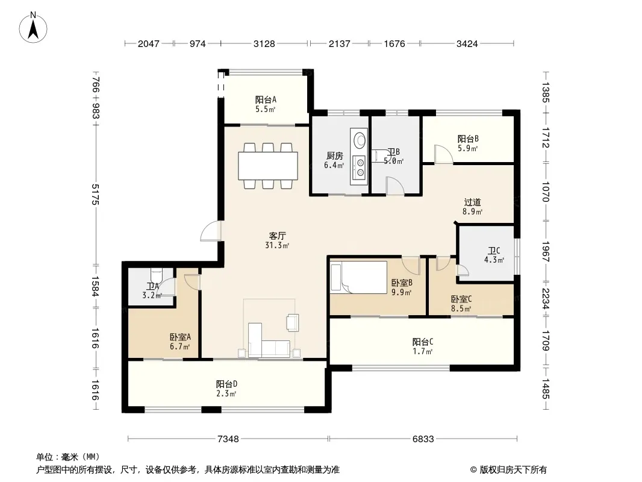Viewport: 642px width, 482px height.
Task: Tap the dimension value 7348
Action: tap(228, 439)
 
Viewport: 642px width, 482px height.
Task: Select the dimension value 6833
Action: tap(423, 439)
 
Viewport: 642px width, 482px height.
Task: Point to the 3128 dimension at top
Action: tap(264, 43)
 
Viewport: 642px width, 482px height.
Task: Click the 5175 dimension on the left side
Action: tap(95, 194)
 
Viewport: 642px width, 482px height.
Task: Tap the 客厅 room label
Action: tap(277, 236)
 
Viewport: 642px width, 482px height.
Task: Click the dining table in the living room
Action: tap(268, 166)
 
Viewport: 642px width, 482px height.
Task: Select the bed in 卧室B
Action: tap(359, 277)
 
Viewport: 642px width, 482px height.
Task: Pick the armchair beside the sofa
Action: tap(292, 322)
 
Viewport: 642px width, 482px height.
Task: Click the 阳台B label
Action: tap(468, 139)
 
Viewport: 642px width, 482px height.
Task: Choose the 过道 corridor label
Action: tap(473, 202)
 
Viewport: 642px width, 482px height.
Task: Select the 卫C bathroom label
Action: tap(494, 251)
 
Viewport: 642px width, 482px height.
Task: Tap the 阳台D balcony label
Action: tap(226, 384)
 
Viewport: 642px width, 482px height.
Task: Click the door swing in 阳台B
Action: tap(443, 154)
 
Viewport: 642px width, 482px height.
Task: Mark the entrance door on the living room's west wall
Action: tap(211, 231)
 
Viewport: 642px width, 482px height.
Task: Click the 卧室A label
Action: tap(180, 337)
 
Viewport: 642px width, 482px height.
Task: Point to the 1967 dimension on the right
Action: tap(545, 251)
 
